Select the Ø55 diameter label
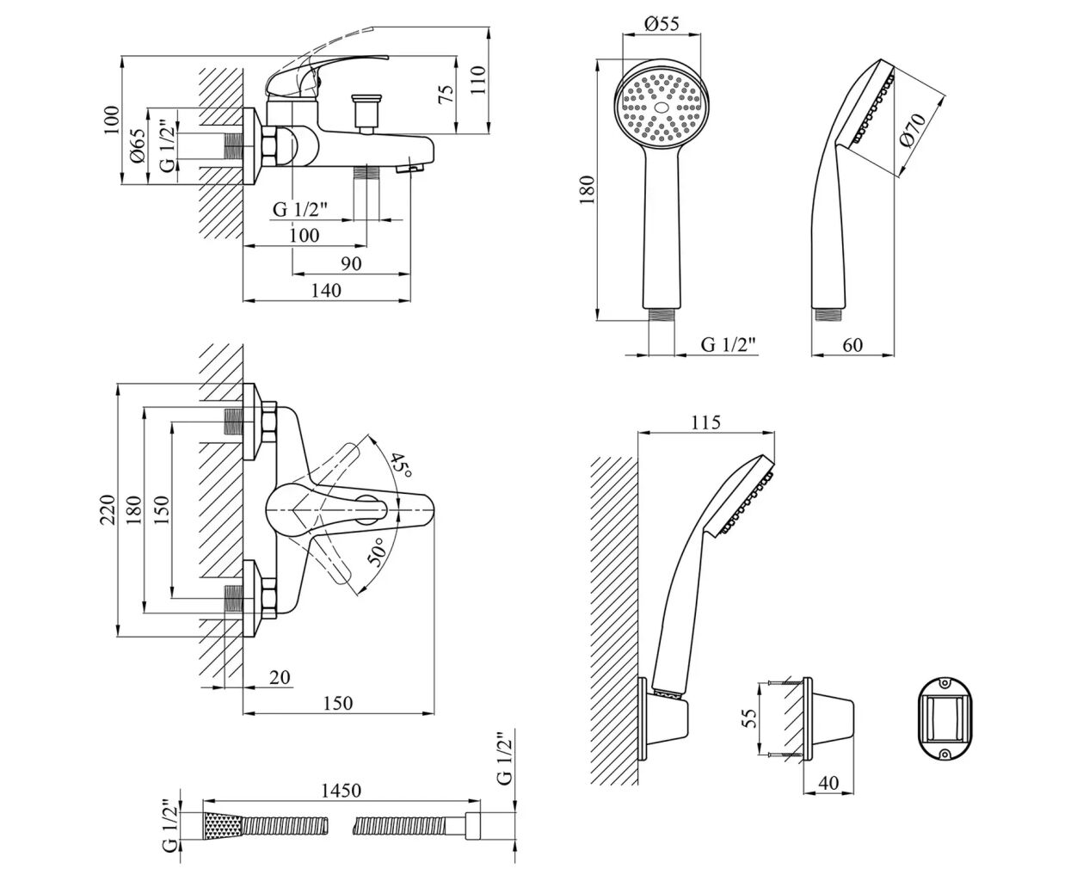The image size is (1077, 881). point(662,24)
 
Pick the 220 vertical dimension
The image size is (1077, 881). point(107,510)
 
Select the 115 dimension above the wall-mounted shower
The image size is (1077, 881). point(705,422)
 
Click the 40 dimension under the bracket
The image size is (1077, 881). point(828,784)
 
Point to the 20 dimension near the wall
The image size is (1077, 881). point(279,678)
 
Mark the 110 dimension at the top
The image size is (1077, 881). point(478,79)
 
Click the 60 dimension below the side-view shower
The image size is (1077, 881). point(852,344)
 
